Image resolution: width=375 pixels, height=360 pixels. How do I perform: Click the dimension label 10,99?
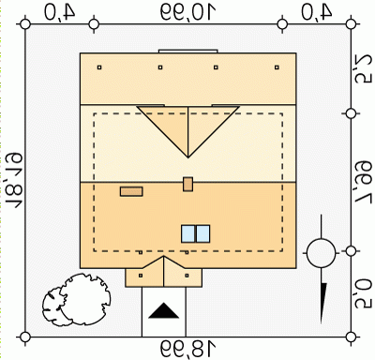[x=188, y=12]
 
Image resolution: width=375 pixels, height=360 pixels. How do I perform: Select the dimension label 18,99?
[x=188, y=349]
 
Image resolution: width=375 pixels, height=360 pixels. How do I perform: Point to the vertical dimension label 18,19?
[x=15, y=180]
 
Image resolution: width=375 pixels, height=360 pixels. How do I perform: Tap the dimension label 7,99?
[x=364, y=182]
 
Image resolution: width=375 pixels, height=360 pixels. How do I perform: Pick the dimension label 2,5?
[x=364, y=70]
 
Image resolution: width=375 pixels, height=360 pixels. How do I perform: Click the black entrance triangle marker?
[x=164, y=310]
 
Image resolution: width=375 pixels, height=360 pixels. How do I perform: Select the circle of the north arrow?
[x=321, y=253]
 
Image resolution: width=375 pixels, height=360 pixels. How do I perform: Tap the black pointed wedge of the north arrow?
[x=323, y=303]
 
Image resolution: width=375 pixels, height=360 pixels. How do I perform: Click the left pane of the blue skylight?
[x=188, y=233]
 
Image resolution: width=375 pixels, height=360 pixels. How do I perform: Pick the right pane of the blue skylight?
[x=202, y=233]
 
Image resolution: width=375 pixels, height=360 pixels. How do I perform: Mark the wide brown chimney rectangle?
[x=131, y=191]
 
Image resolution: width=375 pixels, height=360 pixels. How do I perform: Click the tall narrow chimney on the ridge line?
[x=187, y=184]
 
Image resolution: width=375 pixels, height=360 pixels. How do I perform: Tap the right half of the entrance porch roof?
[x=181, y=275]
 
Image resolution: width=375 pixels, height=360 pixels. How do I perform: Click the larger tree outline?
[x=85, y=299]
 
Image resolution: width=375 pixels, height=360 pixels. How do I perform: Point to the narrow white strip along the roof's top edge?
[x=188, y=52]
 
